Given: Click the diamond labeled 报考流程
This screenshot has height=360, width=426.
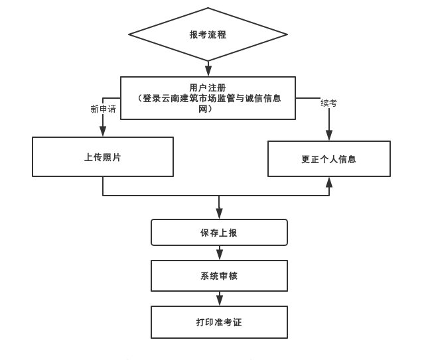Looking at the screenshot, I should click(x=208, y=34).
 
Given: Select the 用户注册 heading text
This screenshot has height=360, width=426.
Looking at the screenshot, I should click(x=208, y=88).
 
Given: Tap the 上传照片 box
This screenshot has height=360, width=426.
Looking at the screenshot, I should click(x=103, y=157).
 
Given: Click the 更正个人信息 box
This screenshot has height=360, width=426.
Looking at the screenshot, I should click(x=328, y=159).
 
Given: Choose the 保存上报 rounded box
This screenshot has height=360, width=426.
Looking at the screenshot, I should click(x=219, y=233).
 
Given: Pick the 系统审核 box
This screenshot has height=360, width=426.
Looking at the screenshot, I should click(x=219, y=276).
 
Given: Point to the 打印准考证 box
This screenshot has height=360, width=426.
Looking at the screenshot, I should click(x=219, y=322).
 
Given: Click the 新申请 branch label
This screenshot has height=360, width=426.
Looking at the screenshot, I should click(x=103, y=109).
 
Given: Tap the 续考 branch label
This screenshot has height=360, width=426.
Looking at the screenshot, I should click(x=328, y=103).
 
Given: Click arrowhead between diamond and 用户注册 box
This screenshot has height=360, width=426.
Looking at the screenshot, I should click(x=208, y=70).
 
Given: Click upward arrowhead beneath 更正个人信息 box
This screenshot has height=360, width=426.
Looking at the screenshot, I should click(x=328, y=183).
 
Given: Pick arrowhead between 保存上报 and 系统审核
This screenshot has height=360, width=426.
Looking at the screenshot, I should click(x=219, y=254).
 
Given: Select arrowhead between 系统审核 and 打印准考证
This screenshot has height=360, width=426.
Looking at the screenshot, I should click(x=219, y=300).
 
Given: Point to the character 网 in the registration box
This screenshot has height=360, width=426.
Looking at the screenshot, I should click(x=204, y=109).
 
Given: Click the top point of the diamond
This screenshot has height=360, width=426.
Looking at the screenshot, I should click(x=208, y=9).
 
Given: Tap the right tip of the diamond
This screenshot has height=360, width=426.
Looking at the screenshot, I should click(x=286, y=34).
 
